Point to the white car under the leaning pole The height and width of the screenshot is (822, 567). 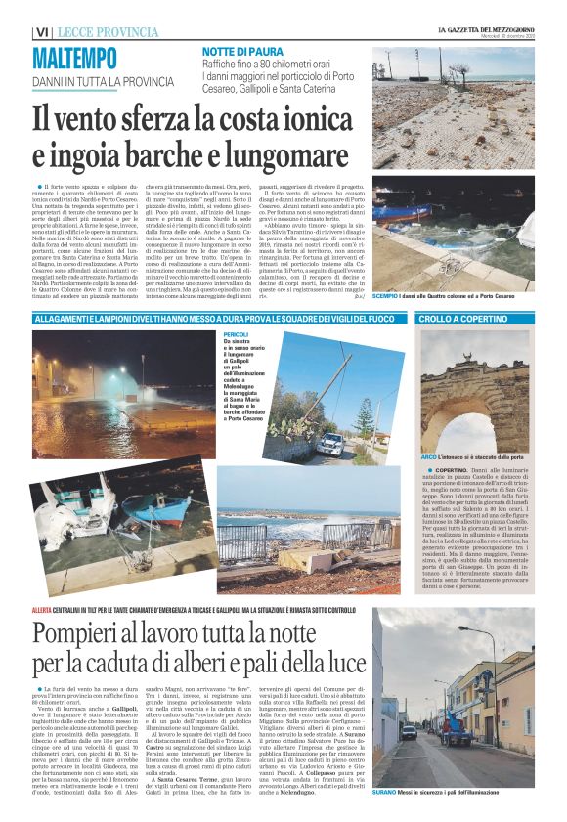[329, 445]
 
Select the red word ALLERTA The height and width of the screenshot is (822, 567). [43, 582]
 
